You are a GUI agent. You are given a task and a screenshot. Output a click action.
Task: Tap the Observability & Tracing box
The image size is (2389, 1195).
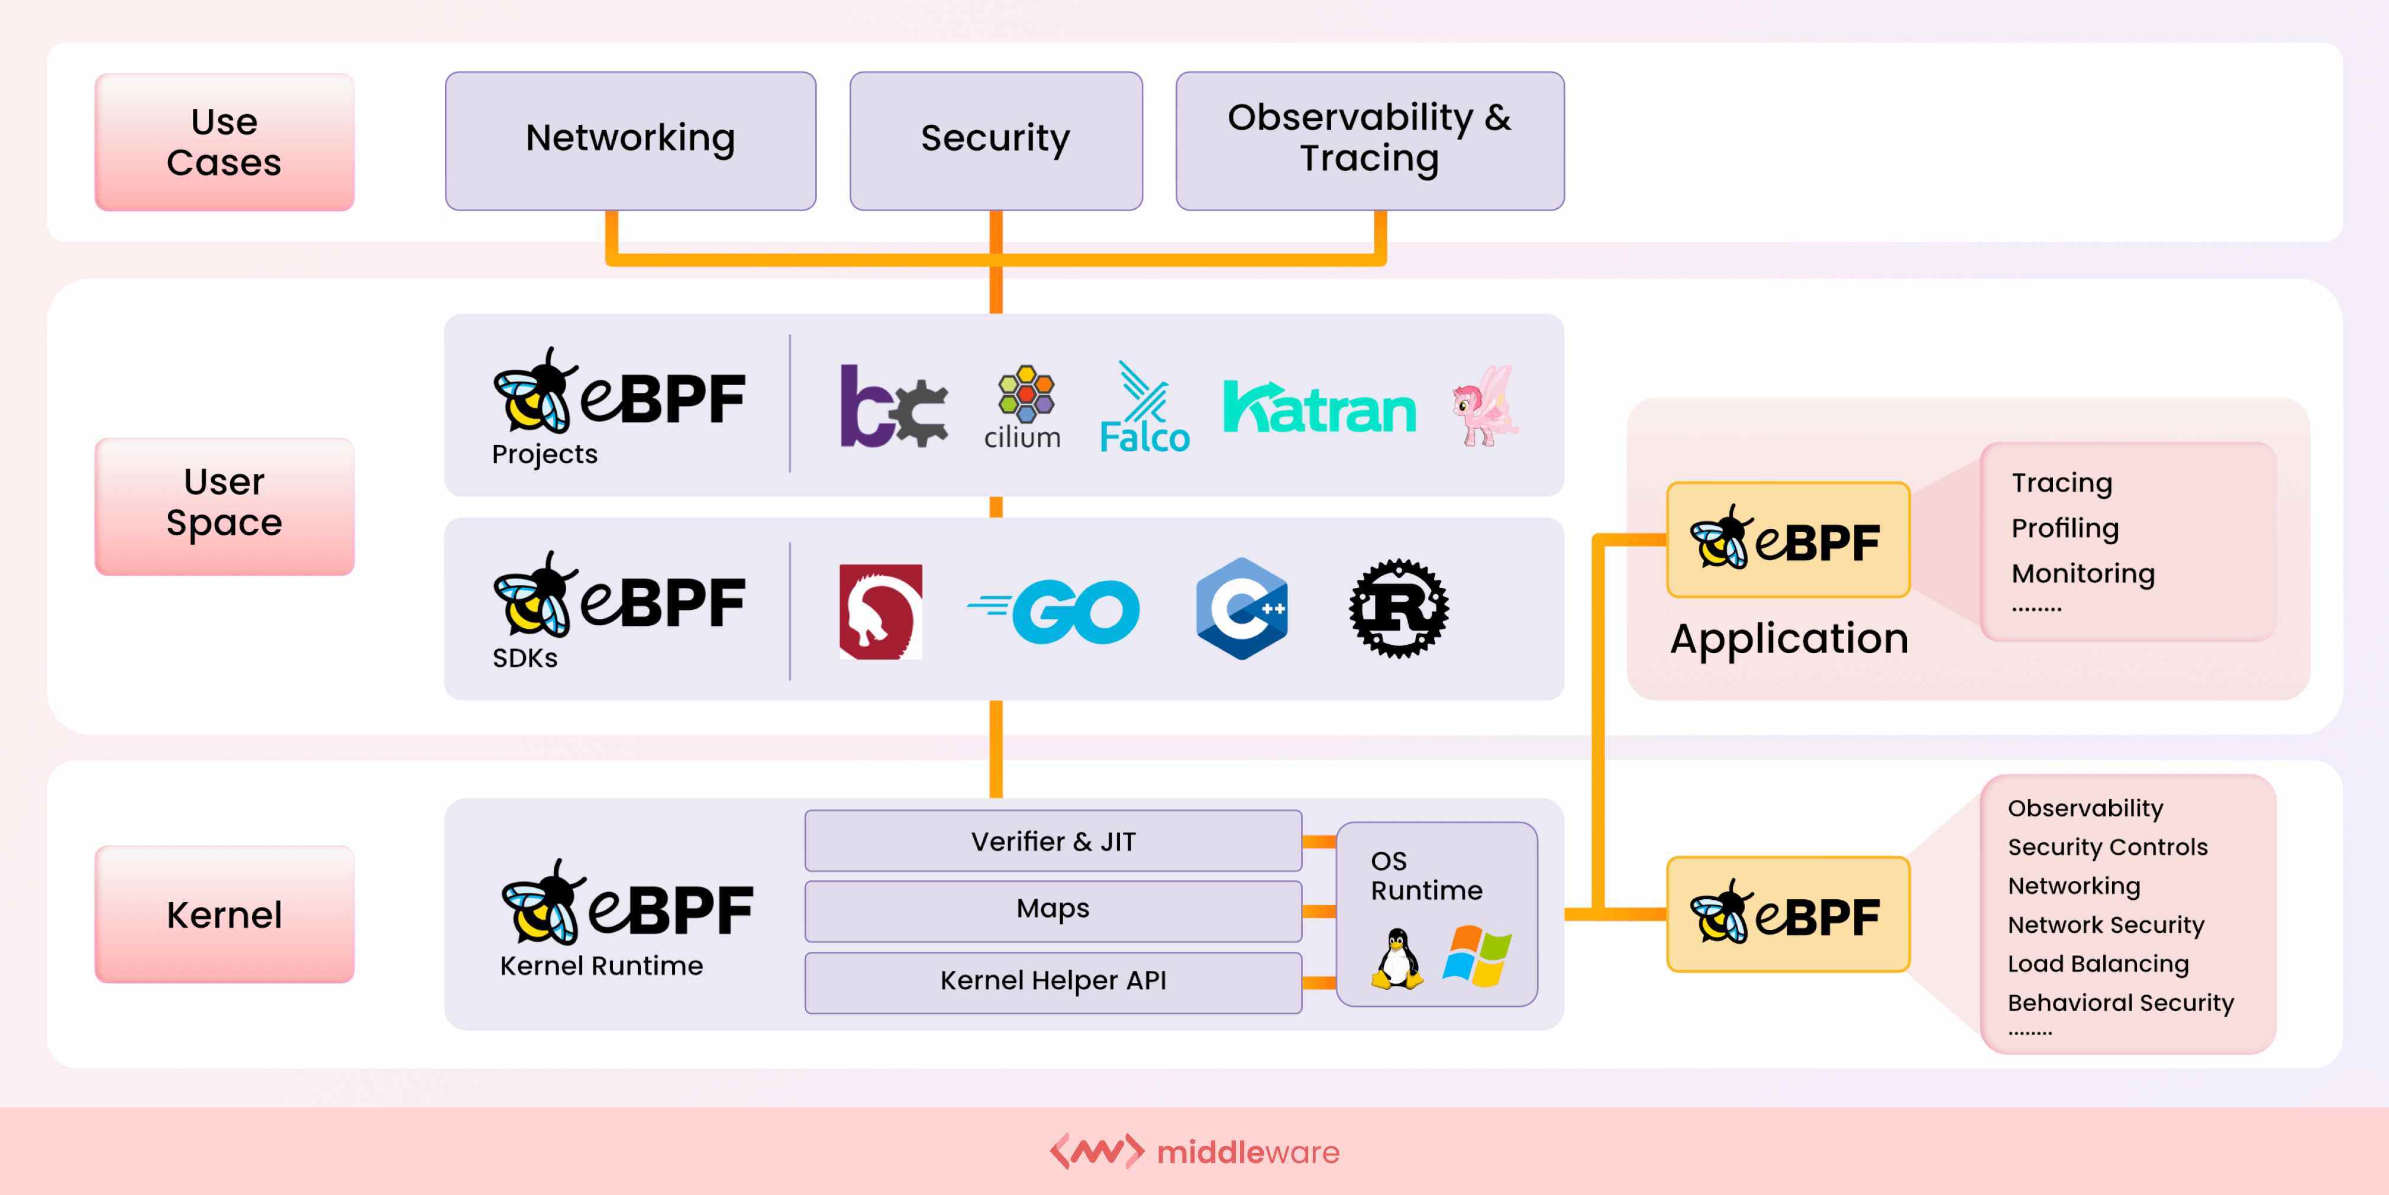coord(1369,140)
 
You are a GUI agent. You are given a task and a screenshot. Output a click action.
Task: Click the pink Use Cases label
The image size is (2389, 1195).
coord(224,142)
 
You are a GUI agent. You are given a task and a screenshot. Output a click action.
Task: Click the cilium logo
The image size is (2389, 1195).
coord(1023,408)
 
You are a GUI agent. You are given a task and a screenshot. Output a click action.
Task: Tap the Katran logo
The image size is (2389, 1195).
coord(1319,408)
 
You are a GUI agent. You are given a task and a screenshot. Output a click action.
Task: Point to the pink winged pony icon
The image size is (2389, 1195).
coord(1485,406)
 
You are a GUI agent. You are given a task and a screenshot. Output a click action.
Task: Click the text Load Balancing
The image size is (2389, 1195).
coord(2098,964)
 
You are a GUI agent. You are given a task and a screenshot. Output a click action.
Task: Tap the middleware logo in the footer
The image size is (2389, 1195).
coord(1194,1151)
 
